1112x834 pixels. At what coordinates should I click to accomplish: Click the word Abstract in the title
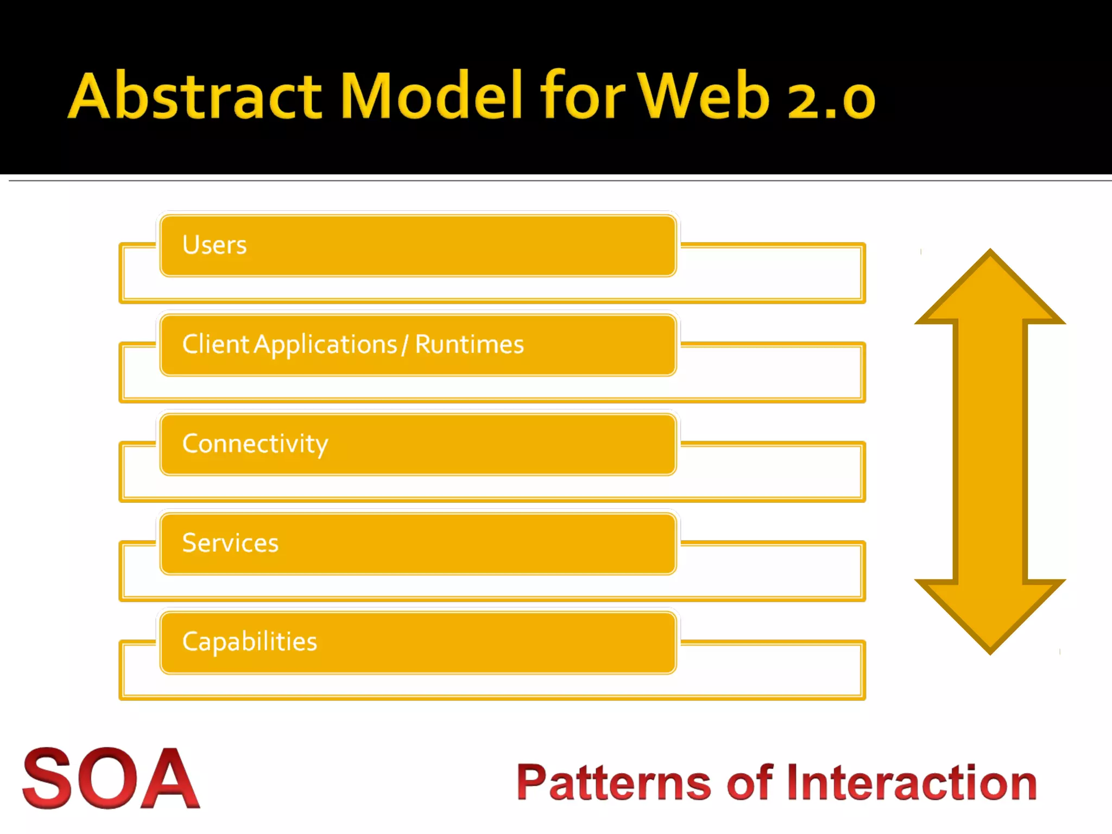[195, 96]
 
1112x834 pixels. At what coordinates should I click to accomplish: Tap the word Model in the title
[432, 96]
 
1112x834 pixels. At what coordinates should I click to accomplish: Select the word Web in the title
[703, 96]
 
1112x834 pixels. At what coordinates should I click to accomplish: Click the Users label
[214, 245]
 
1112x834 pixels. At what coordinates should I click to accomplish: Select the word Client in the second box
[216, 344]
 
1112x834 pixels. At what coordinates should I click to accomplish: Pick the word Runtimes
[469, 344]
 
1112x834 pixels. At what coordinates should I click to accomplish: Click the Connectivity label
[255, 444]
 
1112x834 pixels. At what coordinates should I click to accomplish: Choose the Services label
[230, 543]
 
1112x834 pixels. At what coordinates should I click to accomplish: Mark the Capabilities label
[249, 642]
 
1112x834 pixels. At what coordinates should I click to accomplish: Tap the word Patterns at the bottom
[614, 783]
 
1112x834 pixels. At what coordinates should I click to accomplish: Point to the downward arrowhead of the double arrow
[990, 614]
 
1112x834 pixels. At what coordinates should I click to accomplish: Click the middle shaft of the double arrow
[990, 451]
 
